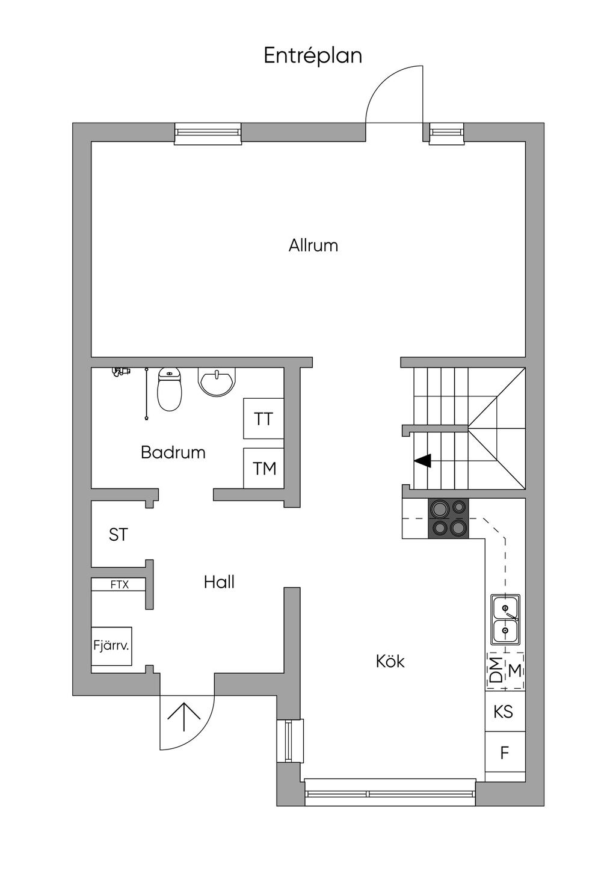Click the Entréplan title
click(x=313, y=56)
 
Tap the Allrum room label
click(x=313, y=245)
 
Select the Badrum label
click(x=173, y=452)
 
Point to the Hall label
click(x=219, y=582)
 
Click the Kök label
click(x=390, y=662)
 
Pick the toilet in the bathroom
click(x=169, y=390)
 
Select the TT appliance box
click(x=263, y=419)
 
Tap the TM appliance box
click(x=263, y=468)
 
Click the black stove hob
click(x=448, y=518)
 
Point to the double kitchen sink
click(x=505, y=619)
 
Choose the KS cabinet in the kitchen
click(x=504, y=712)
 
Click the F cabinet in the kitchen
click(x=505, y=753)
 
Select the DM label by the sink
click(x=496, y=669)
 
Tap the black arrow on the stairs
click(x=423, y=461)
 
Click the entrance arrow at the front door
click(x=183, y=714)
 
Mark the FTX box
click(x=119, y=584)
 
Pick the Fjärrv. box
click(x=112, y=646)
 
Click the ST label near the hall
click(x=119, y=535)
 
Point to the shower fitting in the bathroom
click(x=121, y=372)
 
